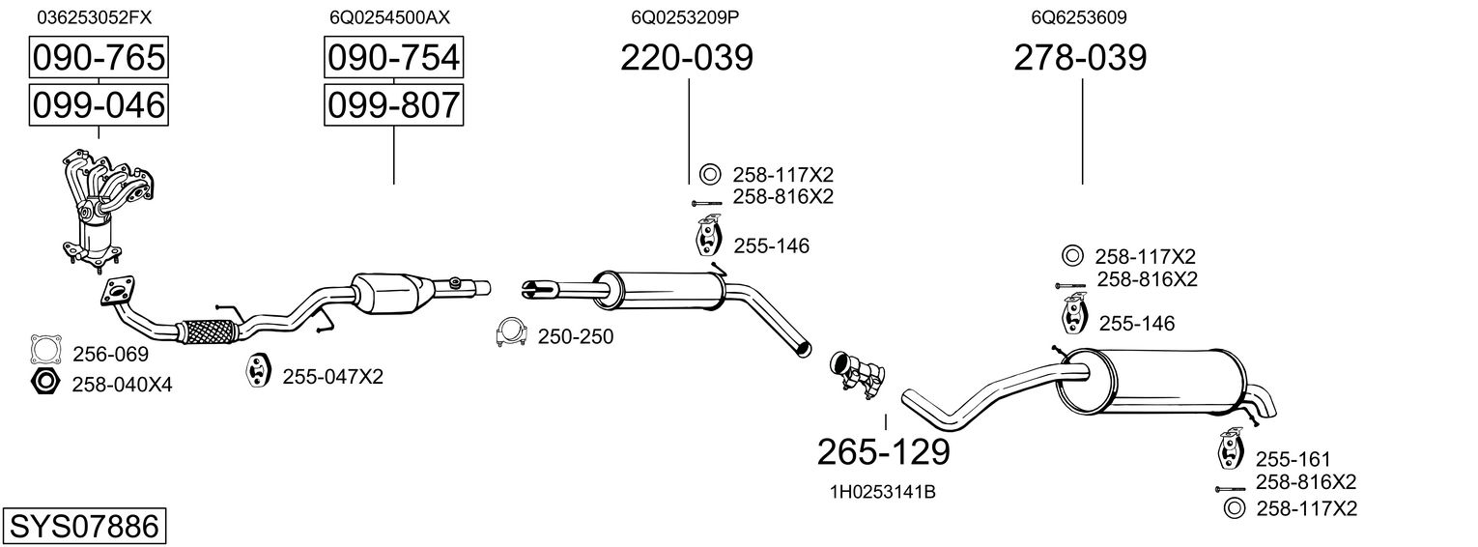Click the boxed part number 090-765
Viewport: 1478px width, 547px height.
(99, 57)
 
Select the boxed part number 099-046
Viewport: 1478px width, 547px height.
(99, 105)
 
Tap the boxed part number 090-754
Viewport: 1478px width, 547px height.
(394, 57)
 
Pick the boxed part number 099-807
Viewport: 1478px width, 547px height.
(394, 105)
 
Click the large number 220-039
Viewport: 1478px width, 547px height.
(686, 57)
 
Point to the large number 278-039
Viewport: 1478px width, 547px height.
(1080, 57)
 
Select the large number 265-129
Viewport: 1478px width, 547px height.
(884, 452)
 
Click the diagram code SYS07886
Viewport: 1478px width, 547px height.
(84, 526)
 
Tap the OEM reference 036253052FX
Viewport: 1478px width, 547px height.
(95, 17)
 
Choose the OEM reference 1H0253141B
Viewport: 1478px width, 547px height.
(883, 492)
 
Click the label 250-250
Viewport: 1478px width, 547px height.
(576, 336)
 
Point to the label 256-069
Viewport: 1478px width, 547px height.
(110, 355)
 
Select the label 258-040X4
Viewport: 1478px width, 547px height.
(122, 384)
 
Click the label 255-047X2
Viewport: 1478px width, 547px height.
(332, 377)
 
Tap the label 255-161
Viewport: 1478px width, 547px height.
(1293, 459)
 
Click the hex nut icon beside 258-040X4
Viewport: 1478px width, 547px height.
(45, 383)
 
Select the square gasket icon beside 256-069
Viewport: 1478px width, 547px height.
(46, 350)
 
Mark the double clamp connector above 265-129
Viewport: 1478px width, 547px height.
(857, 375)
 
